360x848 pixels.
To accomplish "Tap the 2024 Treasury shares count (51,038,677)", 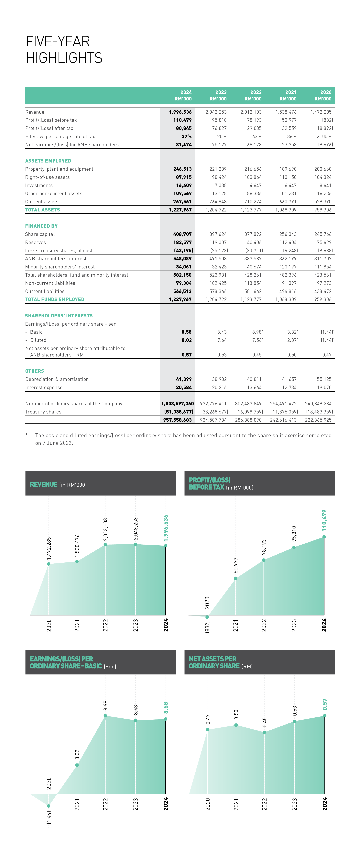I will [x=179, y=412].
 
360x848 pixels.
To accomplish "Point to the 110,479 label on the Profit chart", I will [x=324, y=520].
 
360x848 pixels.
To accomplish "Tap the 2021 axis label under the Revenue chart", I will [x=77, y=625].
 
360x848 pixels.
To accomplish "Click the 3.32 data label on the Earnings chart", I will [x=77, y=754].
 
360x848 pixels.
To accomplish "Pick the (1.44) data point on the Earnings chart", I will [x=49, y=806].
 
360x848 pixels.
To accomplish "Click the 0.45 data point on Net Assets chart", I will [x=264, y=732].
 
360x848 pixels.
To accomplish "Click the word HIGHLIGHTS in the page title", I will [x=64, y=58].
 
